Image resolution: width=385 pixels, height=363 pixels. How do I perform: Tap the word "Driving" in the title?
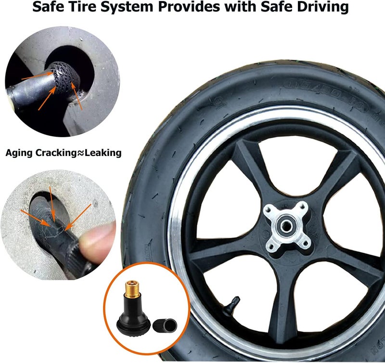(x=320, y=8)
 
